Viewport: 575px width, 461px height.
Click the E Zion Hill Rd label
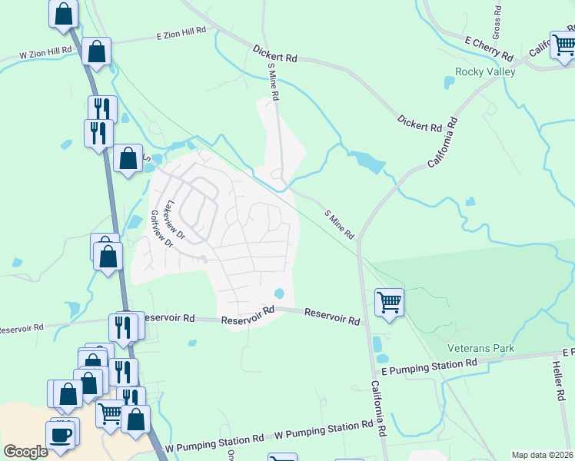pos(181,33)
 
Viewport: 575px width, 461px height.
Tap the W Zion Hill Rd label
pos(45,53)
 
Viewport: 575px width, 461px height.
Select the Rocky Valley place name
pos(485,71)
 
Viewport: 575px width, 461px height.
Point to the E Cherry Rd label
pos(489,48)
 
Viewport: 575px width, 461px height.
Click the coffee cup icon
pos(61,435)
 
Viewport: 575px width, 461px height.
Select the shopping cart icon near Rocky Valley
pos(563,44)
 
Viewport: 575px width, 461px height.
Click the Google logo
pos(25,452)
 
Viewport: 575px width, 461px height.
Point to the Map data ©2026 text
pos(541,455)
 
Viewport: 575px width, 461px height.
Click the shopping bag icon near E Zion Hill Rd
pos(97,52)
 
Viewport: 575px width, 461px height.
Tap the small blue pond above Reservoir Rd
pos(279,294)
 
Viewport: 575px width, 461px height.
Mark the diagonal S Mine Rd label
pos(338,224)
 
